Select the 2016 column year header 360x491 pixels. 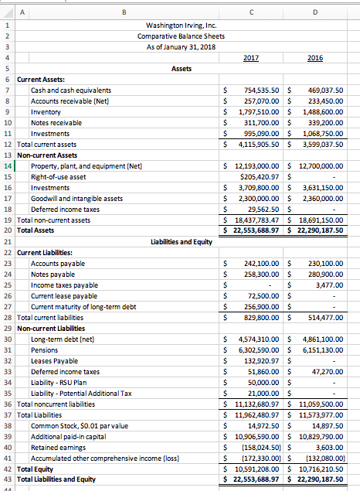(315, 57)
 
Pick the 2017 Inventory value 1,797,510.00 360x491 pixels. (257, 112)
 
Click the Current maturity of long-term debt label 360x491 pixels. (83, 307)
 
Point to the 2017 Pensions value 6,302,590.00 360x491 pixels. (257, 350)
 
